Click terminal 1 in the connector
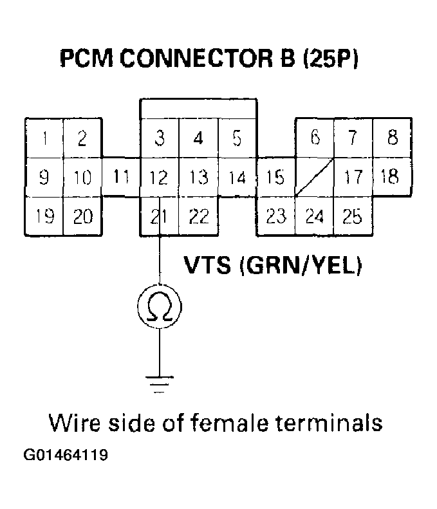pos(43,138)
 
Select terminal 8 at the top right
pos(393,138)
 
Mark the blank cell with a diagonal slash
pos(314,177)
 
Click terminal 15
pos(275,177)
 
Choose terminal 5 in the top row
pos(237,138)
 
